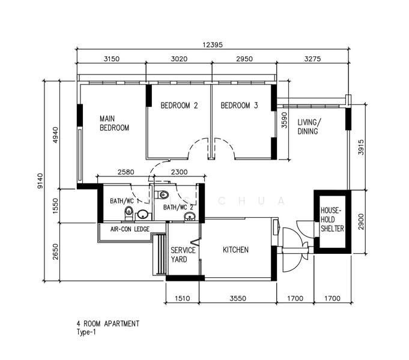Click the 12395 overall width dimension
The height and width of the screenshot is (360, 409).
[x=213, y=45]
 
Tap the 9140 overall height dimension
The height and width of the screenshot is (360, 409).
[x=40, y=181]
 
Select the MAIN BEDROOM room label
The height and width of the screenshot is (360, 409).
[x=115, y=124]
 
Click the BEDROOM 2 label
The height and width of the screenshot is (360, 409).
[x=179, y=106]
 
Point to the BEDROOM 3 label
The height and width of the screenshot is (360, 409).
[x=239, y=106]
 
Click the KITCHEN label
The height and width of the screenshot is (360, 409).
[x=235, y=250]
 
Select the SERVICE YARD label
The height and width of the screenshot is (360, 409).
[x=183, y=255]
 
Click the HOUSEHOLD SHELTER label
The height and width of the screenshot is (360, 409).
[x=332, y=220]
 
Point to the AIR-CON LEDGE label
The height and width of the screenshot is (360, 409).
[x=130, y=229]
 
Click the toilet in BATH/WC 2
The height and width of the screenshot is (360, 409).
[x=162, y=194]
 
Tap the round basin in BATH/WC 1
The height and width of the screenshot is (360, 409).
[x=143, y=215]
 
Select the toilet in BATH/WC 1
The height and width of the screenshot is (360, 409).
[x=129, y=213]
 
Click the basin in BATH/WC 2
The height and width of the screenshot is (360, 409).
[x=190, y=217]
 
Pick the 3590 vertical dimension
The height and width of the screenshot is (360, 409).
[x=284, y=120]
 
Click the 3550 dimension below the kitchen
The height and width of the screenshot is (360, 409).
[x=238, y=298]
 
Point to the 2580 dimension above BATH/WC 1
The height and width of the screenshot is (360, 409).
[x=126, y=172]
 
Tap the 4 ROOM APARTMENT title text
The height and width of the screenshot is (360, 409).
[x=108, y=324]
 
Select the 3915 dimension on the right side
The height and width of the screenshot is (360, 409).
[x=361, y=147]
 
